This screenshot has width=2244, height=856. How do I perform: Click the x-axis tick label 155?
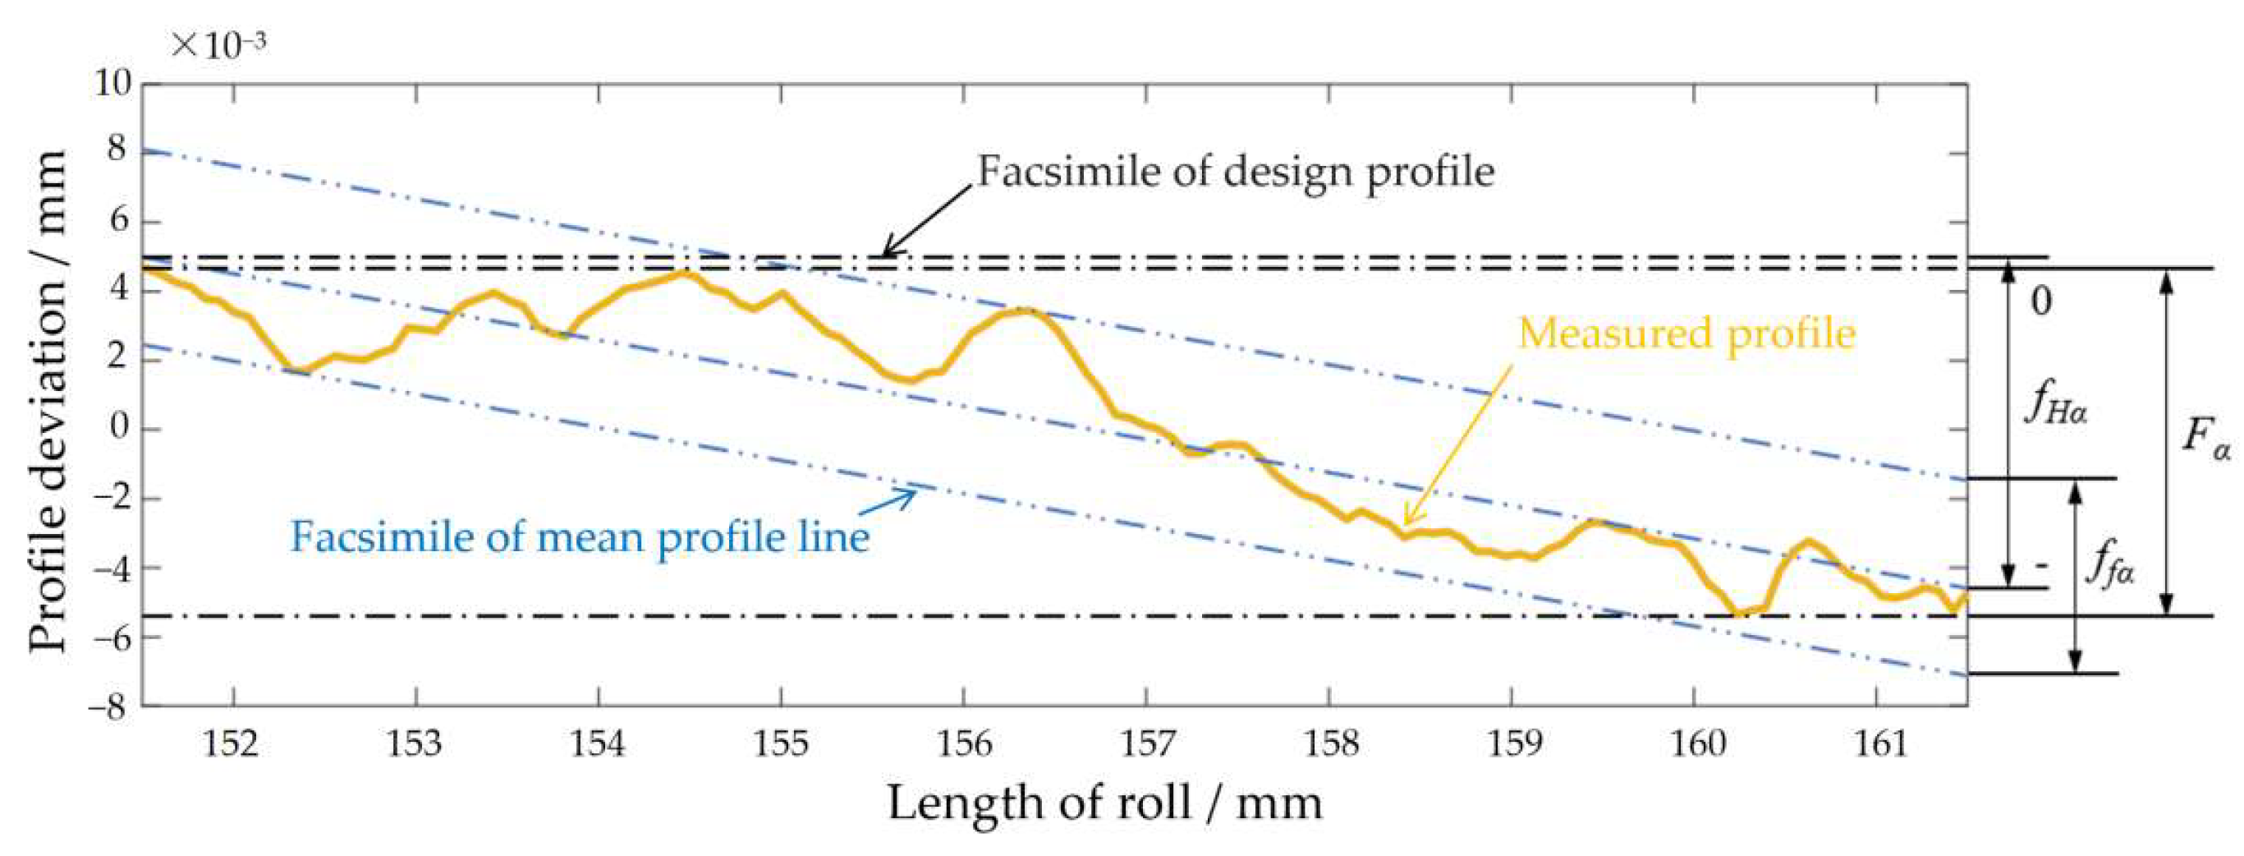781,743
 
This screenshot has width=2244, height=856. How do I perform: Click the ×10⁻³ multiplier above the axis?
218,44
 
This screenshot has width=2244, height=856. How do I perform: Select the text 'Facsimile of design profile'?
1235,172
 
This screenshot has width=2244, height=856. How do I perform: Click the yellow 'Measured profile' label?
1686,334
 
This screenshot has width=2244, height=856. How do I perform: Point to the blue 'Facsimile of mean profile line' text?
580,536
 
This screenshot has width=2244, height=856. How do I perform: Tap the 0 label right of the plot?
2042,301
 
